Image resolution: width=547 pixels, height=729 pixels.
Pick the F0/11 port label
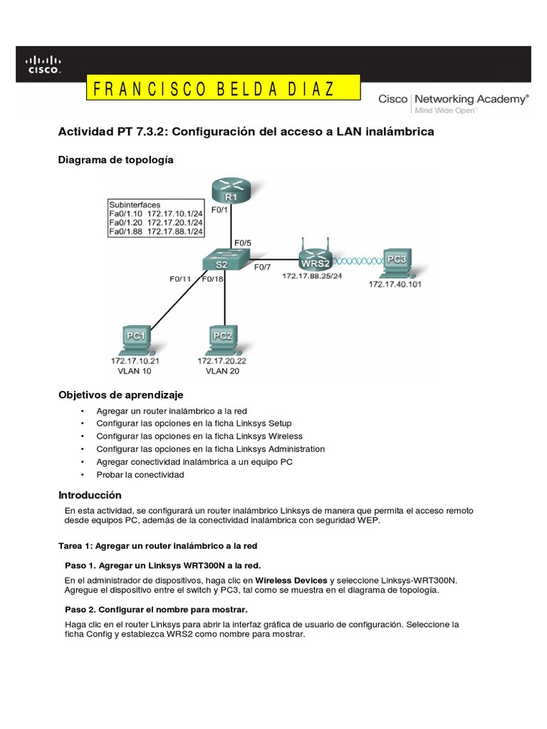pyautogui.click(x=180, y=278)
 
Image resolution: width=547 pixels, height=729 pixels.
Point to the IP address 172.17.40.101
pyautogui.click(x=394, y=285)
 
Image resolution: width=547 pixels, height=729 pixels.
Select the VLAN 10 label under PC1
pyautogui.click(x=134, y=371)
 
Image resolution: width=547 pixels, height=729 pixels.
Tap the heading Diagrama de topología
pyautogui.click(x=115, y=160)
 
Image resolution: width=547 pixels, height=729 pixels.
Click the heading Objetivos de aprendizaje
pyautogui.click(x=120, y=394)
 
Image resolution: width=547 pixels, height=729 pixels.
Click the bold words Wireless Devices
pyautogui.click(x=291, y=580)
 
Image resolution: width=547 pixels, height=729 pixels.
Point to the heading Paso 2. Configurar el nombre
pyautogui.click(x=156, y=609)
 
